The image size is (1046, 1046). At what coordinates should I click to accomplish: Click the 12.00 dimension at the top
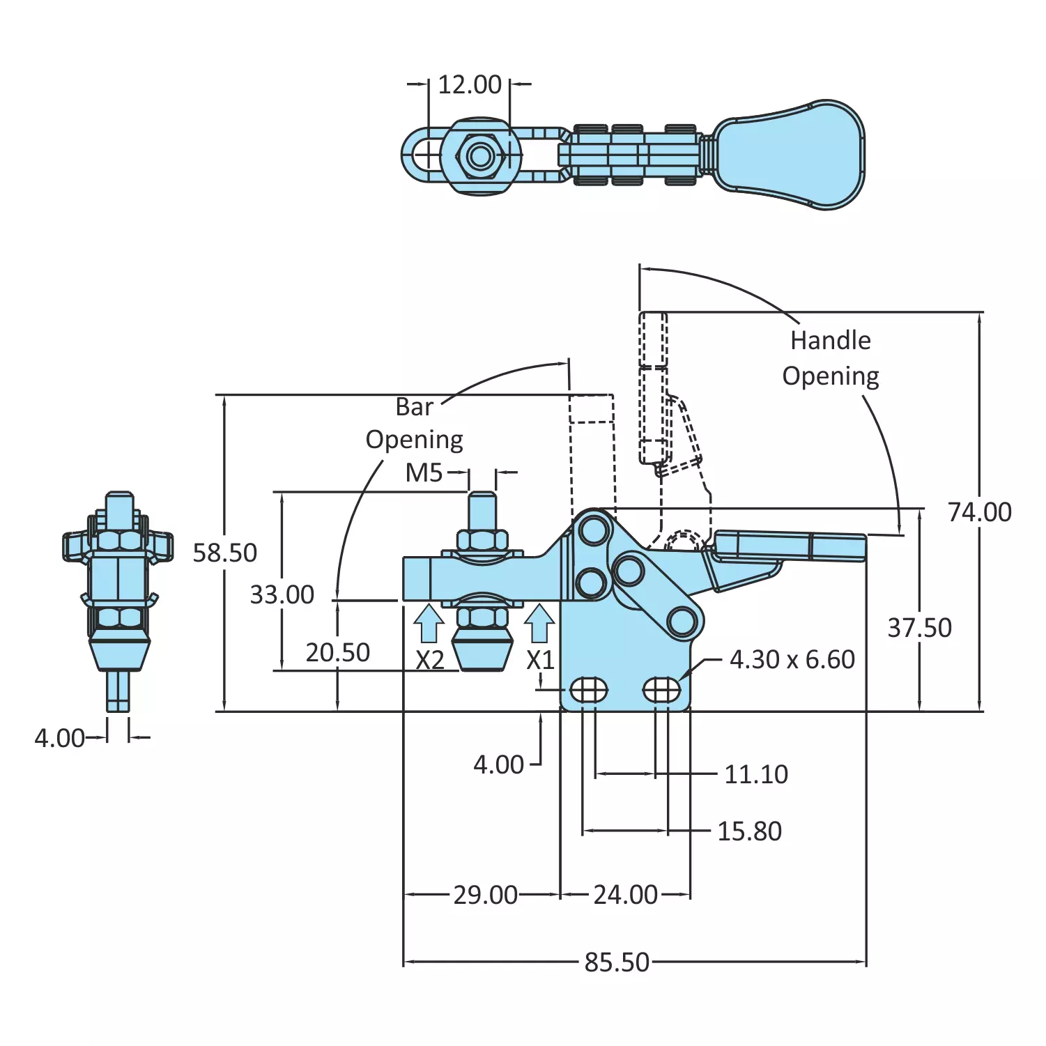[469, 85]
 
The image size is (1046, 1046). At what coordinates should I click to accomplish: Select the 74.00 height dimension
[979, 512]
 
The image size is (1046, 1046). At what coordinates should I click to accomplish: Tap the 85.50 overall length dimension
[616, 962]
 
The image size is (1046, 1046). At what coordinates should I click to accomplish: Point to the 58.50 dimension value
[224, 553]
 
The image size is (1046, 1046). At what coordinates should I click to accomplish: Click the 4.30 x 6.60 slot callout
[792, 659]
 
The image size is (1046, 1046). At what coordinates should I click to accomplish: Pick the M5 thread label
[424, 473]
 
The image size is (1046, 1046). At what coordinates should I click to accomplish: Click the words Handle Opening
[830, 358]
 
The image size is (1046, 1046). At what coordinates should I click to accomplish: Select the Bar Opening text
[415, 423]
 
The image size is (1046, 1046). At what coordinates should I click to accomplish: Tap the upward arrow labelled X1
[539, 622]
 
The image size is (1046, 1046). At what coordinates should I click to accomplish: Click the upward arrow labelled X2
[429, 622]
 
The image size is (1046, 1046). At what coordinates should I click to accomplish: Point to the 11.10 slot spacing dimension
[755, 774]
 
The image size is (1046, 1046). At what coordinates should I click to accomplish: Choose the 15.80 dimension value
[749, 831]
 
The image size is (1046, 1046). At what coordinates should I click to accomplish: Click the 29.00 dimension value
[485, 895]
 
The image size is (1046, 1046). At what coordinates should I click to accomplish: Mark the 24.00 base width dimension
[625, 895]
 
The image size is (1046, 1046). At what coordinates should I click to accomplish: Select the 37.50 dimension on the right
[918, 628]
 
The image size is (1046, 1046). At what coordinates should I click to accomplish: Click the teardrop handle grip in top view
[794, 154]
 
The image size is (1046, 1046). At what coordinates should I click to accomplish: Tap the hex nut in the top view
[480, 155]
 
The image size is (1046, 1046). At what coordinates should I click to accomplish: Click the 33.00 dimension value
[282, 594]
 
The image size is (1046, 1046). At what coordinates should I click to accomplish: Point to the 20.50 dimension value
[337, 652]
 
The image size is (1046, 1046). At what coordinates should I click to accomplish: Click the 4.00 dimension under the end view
[59, 738]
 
